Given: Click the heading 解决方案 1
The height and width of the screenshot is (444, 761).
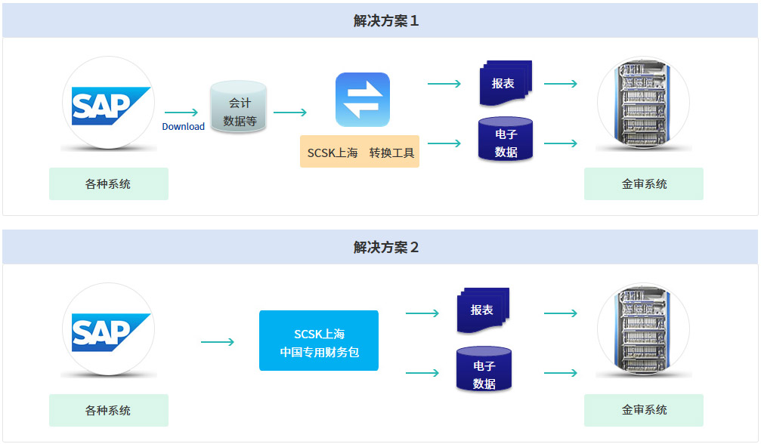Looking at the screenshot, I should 385,20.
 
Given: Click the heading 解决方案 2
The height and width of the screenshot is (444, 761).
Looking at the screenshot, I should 385,247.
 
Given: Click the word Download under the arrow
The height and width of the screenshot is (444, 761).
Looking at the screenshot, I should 183,127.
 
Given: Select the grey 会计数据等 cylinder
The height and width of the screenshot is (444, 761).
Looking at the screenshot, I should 239,107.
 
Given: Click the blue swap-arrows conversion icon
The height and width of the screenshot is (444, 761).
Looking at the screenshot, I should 363,99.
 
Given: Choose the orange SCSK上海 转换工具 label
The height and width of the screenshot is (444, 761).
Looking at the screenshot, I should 360,152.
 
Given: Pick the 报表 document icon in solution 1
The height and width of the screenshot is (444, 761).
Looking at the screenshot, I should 505,83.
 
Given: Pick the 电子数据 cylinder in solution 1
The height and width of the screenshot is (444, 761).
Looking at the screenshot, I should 506,139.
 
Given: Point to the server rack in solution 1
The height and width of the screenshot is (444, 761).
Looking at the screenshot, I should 643,103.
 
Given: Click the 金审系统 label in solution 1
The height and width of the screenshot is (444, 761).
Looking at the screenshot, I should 644,183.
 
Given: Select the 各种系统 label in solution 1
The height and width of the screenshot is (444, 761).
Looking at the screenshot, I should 108,183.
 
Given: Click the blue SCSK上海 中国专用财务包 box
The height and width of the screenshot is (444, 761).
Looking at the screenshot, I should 318,341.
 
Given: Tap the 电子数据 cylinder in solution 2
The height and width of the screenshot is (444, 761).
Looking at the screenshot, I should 484,369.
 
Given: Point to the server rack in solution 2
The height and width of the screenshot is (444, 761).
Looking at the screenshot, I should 643,330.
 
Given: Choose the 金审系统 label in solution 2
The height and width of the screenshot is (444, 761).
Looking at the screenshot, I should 644,410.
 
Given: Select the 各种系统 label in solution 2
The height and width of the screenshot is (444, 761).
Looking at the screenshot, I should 108,410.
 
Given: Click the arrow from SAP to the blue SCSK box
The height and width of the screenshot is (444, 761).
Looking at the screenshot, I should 218,342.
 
